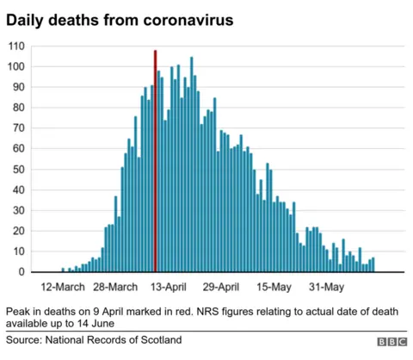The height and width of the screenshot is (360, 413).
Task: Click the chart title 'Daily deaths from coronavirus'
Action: click(120, 18)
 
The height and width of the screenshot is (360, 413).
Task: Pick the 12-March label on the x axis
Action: click(62, 287)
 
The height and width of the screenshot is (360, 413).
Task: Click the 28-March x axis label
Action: click(114, 287)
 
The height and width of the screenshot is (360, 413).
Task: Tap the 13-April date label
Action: click(168, 287)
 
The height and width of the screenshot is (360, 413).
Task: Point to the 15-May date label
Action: click(274, 287)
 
